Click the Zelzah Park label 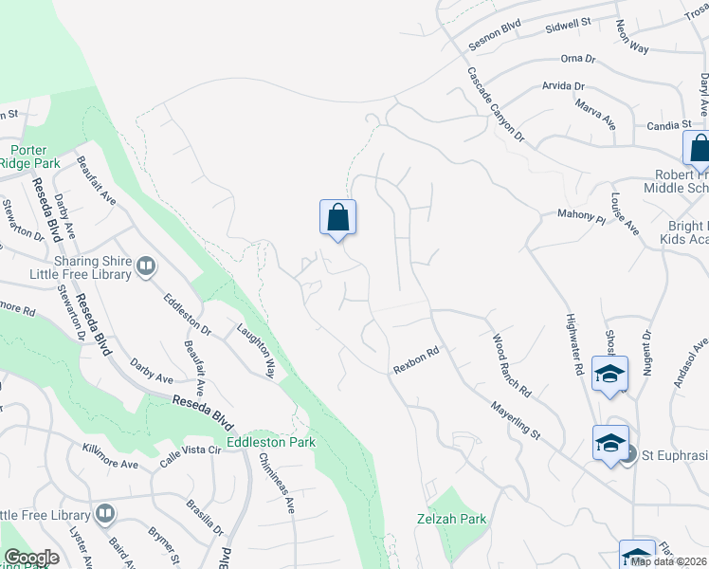(x=451, y=519)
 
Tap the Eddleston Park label (x=277, y=442)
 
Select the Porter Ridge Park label (x=28, y=156)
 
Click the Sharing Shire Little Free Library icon (x=146, y=267)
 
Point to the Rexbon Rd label (x=418, y=361)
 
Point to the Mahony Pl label (x=581, y=217)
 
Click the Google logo (x=31, y=558)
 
